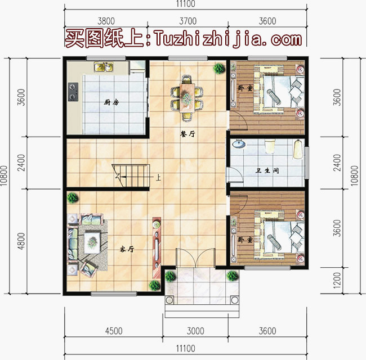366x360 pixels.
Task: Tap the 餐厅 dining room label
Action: pyautogui.click(x=188, y=133)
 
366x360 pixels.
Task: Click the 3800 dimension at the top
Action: pyautogui.click(x=105, y=21)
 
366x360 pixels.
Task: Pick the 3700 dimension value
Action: pyautogui.click(x=188, y=21)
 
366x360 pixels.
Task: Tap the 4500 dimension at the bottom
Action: pyautogui.click(x=113, y=331)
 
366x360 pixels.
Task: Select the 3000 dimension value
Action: pyautogui.click(x=195, y=331)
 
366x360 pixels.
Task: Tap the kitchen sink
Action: pyautogui.click(x=104, y=67)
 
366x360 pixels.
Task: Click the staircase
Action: pyautogui.click(x=133, y=175)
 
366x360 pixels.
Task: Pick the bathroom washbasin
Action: pyautogui.click(x=239, y=144)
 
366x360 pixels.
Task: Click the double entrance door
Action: pyautogui.click(x=195, y=258)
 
